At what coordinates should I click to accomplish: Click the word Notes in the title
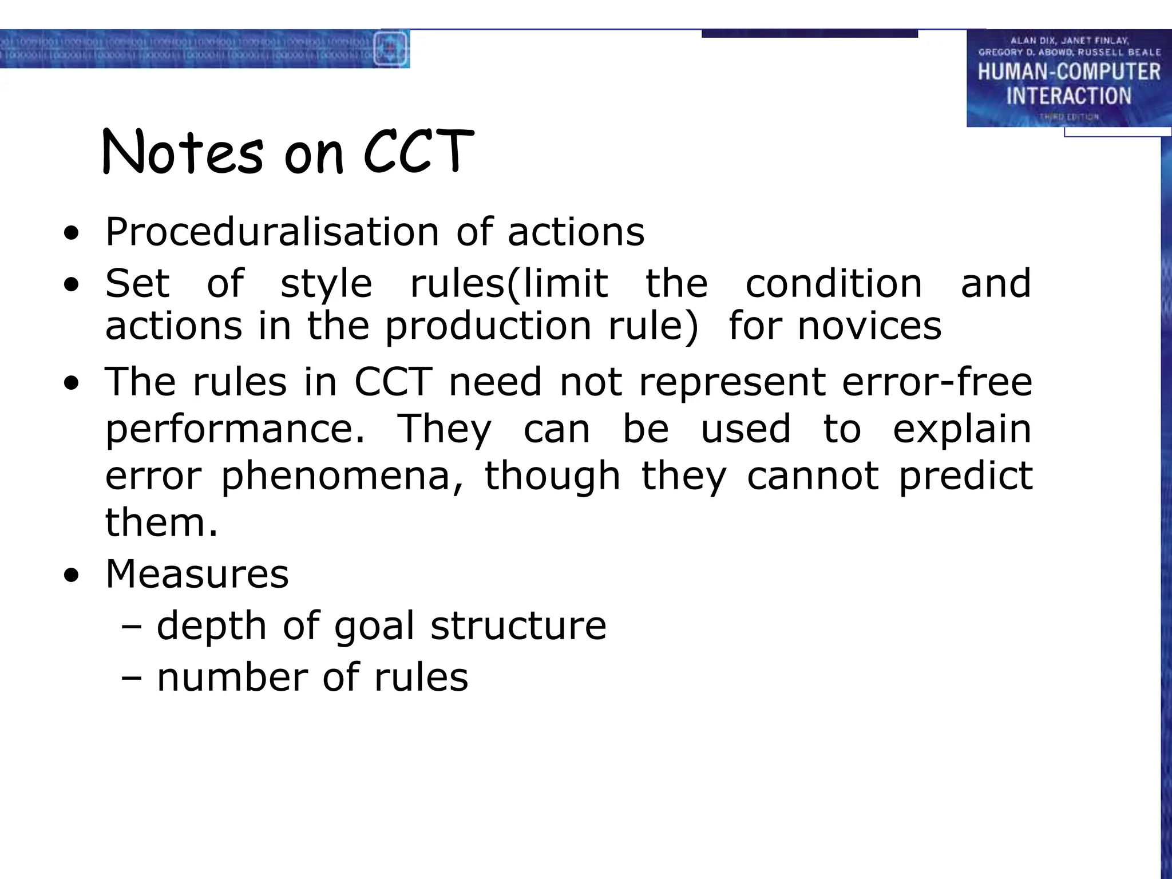(182, 152)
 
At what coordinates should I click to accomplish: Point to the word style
(326, 284)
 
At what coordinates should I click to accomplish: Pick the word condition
(833, 283)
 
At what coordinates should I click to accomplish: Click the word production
(488, 326)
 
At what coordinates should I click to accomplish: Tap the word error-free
(937, 382)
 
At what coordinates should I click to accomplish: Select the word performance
(235, 430)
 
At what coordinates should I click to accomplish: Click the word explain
(962, 429)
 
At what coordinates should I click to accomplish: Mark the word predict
(965, 477)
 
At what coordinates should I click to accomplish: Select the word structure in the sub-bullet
(518, 625)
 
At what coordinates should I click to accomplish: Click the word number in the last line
(232, 677)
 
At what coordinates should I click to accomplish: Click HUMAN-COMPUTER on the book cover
(1069, 72)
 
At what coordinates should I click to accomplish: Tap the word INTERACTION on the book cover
(1069, 96)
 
